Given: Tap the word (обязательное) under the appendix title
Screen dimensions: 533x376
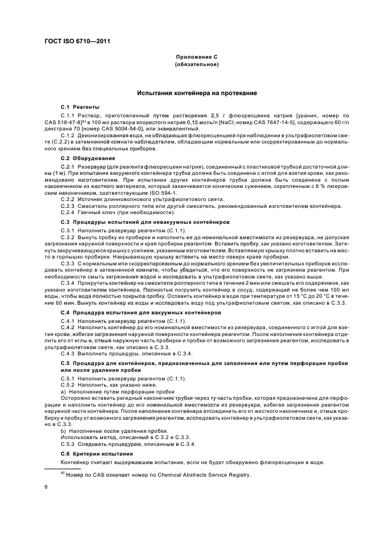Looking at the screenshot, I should point(197,65).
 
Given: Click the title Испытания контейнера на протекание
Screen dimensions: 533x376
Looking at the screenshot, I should point(197,93).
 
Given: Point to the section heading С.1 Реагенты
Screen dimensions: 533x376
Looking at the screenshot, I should point(80,106).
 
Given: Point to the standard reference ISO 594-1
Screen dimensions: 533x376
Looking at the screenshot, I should point(163,192).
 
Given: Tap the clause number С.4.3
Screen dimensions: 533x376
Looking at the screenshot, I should point(68,352).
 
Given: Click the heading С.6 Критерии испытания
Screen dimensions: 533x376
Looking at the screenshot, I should point(96,453).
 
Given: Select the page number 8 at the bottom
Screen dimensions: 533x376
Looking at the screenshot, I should point(47,487).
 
